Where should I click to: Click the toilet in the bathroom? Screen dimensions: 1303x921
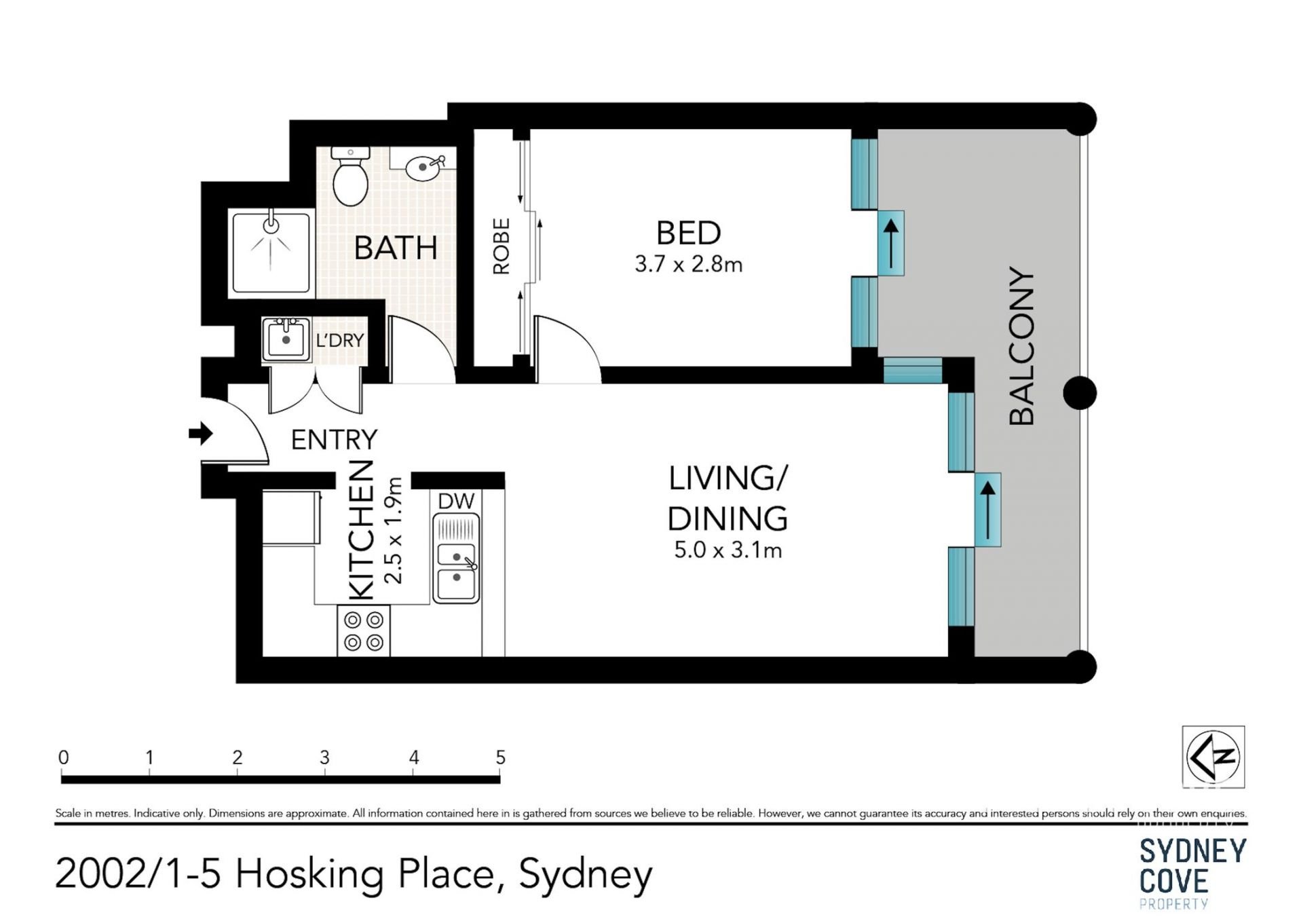tap(350, 176)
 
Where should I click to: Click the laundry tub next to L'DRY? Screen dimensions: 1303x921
tap(286, 339)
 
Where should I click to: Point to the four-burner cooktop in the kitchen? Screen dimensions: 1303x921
tap(364, 631)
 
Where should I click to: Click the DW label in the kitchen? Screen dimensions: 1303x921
tap(456, 502)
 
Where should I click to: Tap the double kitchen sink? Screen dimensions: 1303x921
tap(456, 558)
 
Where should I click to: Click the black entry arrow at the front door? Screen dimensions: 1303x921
tap(200, 433)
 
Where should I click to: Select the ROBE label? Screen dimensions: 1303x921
tap(501, 246)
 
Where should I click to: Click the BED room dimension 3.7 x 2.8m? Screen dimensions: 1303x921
tap(688, 264)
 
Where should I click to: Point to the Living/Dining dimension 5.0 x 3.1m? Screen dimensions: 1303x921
tap(728, 550)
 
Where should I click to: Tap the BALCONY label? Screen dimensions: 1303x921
tap(1021, 346)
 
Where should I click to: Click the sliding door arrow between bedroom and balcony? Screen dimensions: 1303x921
tap(891, 242)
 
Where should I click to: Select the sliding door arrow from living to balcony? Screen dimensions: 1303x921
tap(988, 508)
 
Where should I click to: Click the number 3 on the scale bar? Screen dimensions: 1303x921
tap(324, 757)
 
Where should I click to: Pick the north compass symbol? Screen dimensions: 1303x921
tap(1213, 757)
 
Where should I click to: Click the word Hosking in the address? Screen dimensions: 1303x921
tap(309, 874)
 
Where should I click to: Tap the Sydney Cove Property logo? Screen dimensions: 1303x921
tap(1193, 873)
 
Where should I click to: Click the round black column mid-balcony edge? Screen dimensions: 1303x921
tap(1080, 393)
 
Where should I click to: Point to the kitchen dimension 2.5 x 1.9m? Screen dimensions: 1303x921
tap(393, 531)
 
